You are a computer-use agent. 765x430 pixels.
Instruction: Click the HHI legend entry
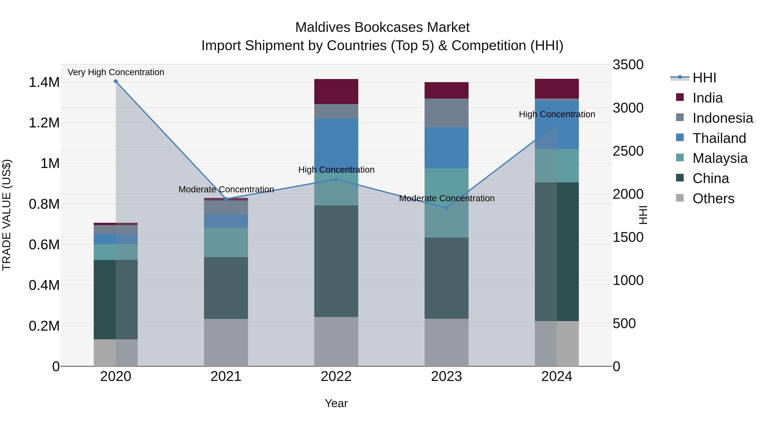pos(704,78)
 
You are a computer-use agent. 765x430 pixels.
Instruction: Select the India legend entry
pos(707,98)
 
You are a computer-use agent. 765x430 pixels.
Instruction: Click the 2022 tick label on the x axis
pos(336,376)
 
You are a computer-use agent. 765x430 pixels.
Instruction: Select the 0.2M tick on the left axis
pos(44,326)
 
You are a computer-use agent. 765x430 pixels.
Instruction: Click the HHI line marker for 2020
pos(116,81)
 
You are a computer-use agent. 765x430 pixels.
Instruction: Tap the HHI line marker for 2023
pos(446,208)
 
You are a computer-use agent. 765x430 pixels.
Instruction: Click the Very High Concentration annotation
pos(116,72)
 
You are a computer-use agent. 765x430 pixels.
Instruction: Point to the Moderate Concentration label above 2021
pos(226,189)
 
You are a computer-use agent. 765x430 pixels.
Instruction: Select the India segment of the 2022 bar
pos(336,91)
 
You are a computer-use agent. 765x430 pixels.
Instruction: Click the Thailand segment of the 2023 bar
pos(446,148)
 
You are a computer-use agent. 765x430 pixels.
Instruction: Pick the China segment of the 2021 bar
pos(226,288)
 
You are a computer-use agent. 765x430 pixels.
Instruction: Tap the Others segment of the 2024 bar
pos(557,343)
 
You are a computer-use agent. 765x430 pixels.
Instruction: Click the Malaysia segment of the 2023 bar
pos(446,203)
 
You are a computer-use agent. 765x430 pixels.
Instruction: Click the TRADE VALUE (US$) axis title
pos(7,215)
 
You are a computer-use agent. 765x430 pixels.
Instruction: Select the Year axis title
pos(336,403)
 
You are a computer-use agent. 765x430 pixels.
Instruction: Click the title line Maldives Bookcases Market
pos(382,27)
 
